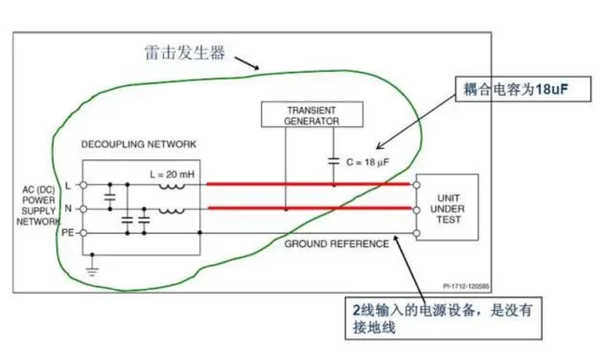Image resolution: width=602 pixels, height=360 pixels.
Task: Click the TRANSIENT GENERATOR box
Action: point(311,114)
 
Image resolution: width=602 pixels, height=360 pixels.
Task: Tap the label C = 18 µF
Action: point(367,163)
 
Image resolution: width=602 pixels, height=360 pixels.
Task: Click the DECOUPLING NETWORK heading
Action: point(139,144)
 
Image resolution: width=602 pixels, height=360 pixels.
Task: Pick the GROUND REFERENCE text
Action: point(336,244)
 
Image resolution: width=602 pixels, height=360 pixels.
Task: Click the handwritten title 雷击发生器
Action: point(185,53)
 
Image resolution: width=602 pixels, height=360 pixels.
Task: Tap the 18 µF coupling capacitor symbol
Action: point(333,162)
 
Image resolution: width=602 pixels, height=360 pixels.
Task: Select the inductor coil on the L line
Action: point(171,185)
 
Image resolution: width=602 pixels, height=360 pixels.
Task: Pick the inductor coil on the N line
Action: point(171,209)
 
